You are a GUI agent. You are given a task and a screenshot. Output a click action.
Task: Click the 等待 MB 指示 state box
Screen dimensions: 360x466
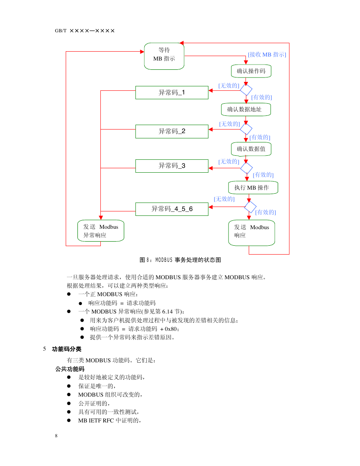pyautogui.click(x=164, y=56)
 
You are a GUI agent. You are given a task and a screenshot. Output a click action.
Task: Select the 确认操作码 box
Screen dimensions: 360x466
pyautogui.click(x=251, y=71)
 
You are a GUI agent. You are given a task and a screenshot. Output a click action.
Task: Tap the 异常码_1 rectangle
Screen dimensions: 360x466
pyautogui.click(x=172, y=92)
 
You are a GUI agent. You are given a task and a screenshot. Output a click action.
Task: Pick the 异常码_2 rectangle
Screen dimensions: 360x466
pyautogui.click(x=172, y=132)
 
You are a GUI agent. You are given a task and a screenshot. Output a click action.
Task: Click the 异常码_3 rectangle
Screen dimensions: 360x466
pyautogui.click(x=172, y=166)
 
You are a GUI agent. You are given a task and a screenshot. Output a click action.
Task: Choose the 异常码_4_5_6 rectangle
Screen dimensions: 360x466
pyautogui.click(x=172, y=209)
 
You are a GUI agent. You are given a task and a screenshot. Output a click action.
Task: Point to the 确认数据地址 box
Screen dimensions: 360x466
pyautogui.click(x=246, y=109)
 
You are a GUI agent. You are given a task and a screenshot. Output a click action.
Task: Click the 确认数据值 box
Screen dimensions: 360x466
pyautogui.click(x=251, y=149)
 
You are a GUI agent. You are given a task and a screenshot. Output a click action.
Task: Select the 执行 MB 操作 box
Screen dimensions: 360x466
pyautogui.click(x=253, y=188)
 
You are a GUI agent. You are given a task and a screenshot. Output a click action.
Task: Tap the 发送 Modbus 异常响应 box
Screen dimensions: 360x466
pyautogui.click(x=101, y=231)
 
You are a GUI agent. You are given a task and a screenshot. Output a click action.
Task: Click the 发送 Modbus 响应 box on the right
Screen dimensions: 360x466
pyautogui.click(x=252, y=233)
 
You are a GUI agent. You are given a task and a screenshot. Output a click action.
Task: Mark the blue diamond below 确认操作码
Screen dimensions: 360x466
pyautogui.click(x=246, y=90)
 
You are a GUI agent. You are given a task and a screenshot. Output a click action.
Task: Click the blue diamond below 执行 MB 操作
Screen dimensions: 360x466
pyautogui.click(x=250, y=207)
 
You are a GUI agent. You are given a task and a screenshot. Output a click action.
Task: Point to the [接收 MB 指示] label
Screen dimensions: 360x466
pyautogui.click(x=267, y=54)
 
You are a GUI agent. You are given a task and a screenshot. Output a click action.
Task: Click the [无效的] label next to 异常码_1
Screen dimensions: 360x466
pyautogui.click(x=229, y=86)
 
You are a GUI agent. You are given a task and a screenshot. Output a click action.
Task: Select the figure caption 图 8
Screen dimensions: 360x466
pyautogui.click(x=180, y=260)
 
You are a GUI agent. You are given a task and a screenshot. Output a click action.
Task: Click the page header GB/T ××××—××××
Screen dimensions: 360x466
pyautogui.click(x=85, y=31)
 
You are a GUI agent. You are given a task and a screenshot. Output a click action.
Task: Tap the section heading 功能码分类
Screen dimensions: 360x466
pyautogui.click(x=67, y=349)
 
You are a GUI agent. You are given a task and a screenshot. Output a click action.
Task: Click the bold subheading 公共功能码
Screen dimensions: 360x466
pyautogui.click(x=70, y=369)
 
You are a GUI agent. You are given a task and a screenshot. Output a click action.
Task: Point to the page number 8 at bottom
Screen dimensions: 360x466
pyautogui.click(x=56, y=436)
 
